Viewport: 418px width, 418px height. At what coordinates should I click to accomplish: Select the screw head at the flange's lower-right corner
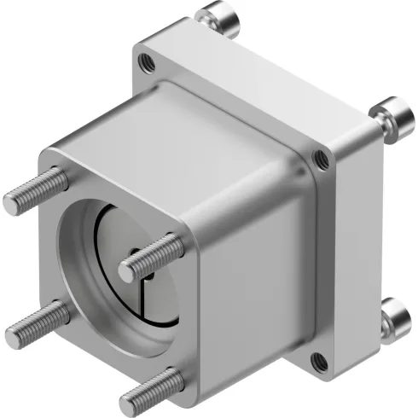click(396, 317)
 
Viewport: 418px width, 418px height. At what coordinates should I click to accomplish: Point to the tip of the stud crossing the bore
click(127, 270)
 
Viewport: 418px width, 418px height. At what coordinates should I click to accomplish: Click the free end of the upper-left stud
click(11, 203)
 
